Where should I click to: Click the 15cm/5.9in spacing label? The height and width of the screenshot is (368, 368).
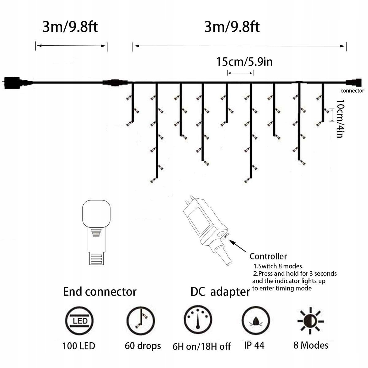244,62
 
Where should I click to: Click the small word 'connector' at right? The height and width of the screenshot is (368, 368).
352,90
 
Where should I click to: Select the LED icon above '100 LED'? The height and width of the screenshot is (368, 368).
79,321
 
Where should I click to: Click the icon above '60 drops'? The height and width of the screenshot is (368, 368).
141,321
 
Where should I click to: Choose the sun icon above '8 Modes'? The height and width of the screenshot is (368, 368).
311,320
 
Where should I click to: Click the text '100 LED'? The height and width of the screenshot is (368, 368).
79,346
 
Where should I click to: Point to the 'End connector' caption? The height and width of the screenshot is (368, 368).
100,291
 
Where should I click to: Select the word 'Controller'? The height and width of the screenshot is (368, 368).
268,256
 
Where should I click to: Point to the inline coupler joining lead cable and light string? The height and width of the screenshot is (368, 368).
114,82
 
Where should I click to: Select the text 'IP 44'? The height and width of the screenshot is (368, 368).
254,345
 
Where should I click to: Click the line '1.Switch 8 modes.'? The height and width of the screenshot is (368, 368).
278,266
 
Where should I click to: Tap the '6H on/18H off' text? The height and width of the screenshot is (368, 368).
201,347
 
